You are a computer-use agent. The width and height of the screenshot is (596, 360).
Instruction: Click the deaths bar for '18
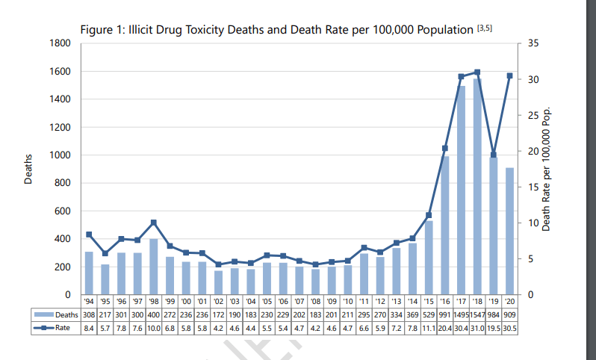pos(477,187)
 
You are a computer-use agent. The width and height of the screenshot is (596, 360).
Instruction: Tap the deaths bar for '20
pos(509,231)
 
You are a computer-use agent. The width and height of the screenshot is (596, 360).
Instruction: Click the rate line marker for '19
pos(493,155)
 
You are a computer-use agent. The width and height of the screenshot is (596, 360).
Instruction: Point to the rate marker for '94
pos(89,235)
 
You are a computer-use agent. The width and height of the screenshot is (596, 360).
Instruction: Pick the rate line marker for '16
pos(444,148)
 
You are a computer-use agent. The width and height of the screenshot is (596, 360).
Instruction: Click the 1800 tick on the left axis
pos(60,43)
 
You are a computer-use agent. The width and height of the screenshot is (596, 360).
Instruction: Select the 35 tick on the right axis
pos(531,43)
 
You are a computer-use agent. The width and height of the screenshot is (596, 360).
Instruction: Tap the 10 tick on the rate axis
pos(531,223)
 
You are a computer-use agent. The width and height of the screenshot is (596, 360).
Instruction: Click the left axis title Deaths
pos(28,169)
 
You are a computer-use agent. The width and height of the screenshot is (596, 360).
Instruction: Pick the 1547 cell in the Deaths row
pos(477,315)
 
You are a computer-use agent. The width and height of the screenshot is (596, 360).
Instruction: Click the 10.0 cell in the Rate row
pos(154,327)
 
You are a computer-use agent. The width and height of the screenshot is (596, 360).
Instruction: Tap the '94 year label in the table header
pos(89,302)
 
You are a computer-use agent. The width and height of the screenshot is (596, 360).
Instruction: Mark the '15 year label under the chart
pos(428,302)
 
